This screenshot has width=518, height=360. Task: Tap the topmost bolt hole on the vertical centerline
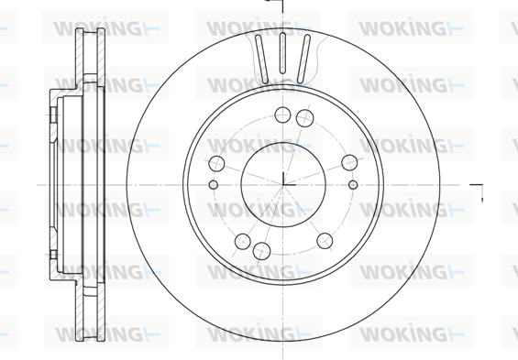(282, 115)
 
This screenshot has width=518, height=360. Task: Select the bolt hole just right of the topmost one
(304, 118)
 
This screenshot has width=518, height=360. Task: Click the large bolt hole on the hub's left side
(216, 164)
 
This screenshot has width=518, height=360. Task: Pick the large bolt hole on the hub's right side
(349, 162)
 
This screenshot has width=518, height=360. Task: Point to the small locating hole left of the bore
(214, 185)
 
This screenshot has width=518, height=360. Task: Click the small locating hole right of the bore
(353, 185)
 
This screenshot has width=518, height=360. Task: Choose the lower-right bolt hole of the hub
(325, 241)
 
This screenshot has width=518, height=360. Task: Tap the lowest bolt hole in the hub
(261, 251)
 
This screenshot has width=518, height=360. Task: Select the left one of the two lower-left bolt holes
(243, 242)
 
